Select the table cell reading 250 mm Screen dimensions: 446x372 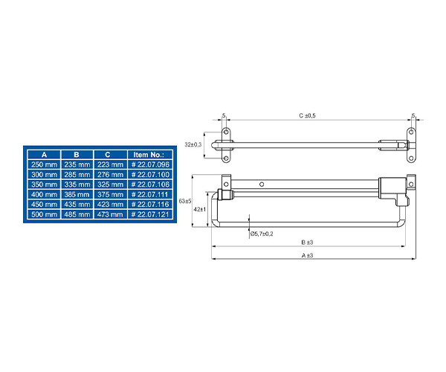44,164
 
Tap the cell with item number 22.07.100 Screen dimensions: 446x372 150,175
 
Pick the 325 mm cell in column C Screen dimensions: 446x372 110,185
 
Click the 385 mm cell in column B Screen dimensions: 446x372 77,194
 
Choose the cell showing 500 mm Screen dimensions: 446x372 44,214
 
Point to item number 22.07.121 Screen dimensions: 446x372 150,214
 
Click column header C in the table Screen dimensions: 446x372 108,155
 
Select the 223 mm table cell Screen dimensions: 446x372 110,164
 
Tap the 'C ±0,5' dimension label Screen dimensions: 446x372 307,115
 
